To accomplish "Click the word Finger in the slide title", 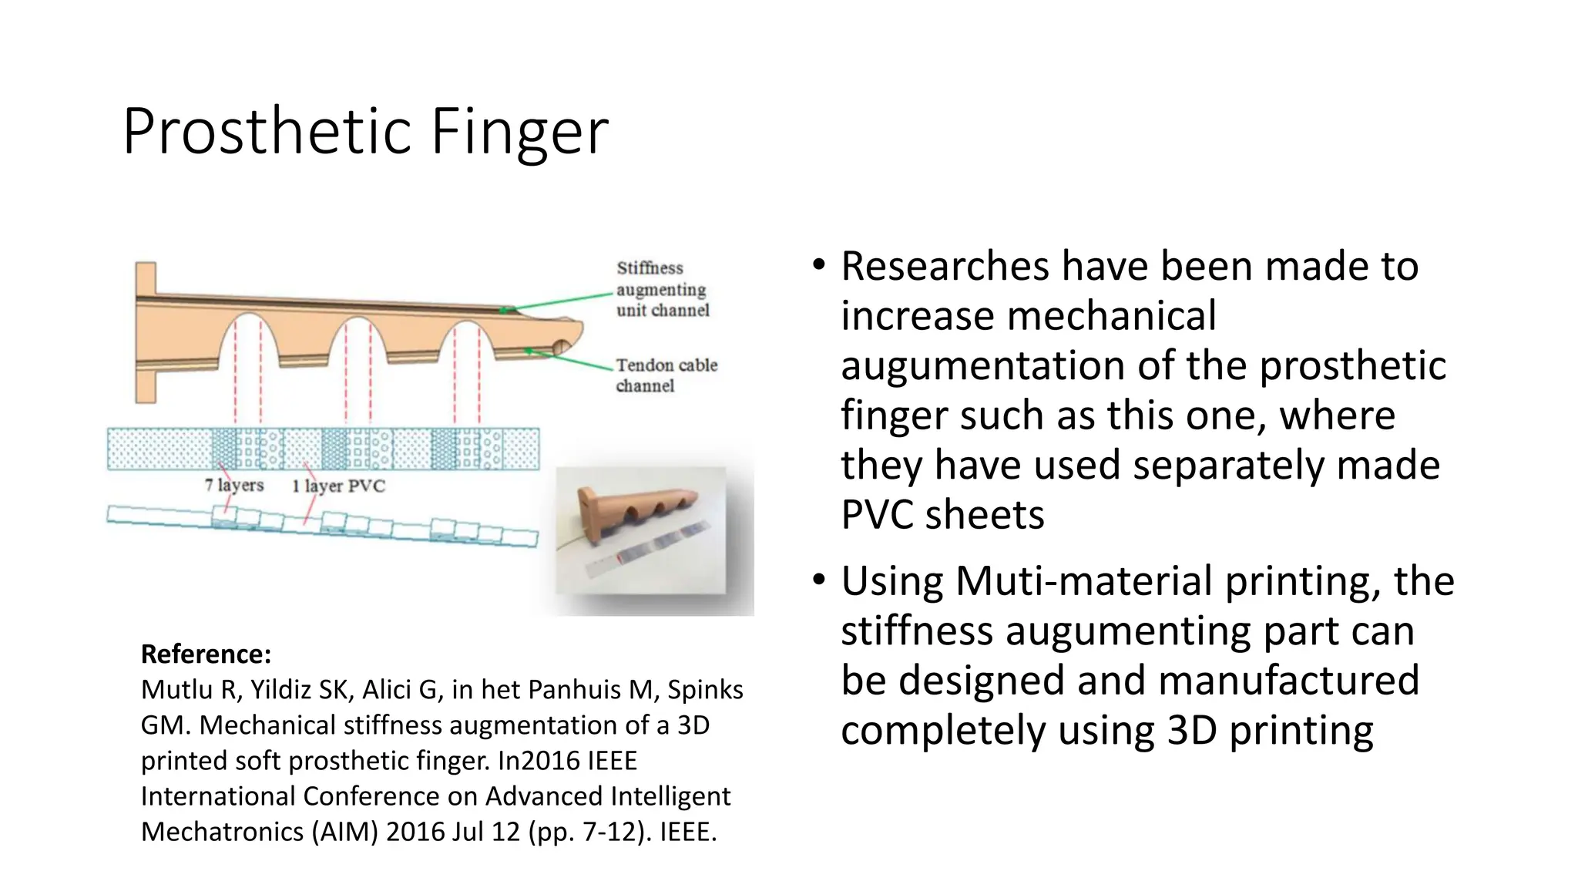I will [519, 132].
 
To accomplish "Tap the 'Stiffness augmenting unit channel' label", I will [661, 289].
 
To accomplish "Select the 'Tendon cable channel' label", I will [666, 375].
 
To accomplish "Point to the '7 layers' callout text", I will [234, 485].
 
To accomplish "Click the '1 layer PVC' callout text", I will [338, 486].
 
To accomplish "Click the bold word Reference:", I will [206, 654].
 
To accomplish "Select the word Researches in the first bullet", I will [945, 266].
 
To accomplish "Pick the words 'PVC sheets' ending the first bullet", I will [942, 515].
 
